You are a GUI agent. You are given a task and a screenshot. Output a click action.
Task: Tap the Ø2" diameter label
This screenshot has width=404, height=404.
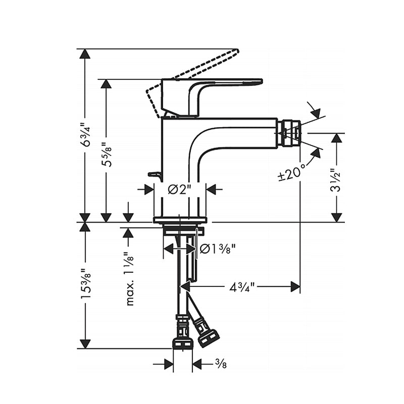tap(180, 189)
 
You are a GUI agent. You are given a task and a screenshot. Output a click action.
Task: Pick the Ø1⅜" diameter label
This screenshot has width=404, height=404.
tap(218, 248)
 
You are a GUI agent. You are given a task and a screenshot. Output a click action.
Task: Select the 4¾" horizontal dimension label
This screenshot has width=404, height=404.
tap(241, 287)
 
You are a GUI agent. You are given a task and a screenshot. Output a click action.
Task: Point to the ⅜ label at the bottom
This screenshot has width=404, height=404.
tap(220, 363)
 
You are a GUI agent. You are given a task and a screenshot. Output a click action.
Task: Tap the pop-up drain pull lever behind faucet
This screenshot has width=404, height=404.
tap(155, 175)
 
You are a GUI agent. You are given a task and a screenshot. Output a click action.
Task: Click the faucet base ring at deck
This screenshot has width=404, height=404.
tap(180, 220)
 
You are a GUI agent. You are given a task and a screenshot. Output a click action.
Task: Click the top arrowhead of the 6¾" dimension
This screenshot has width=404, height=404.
tap(85, 54)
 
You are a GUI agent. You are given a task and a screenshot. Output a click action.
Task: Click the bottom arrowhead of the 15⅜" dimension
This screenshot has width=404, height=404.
tap(85, 343)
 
